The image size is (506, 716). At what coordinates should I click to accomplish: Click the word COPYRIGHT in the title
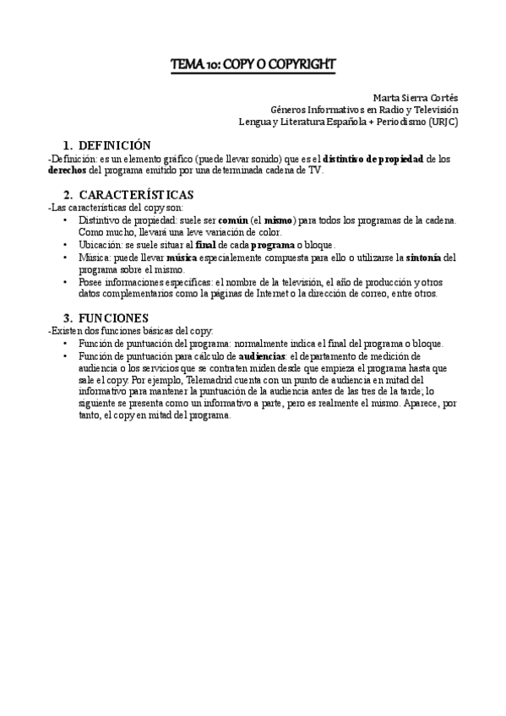(x=298, y=63)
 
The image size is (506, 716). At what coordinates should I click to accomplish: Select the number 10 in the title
(x=209, y=63)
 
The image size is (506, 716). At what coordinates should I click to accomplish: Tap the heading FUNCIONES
(x=113, y=317)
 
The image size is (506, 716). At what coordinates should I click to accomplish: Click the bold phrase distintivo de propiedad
(x=375, y=159)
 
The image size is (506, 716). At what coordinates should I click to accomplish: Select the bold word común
(x=232, y=220)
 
